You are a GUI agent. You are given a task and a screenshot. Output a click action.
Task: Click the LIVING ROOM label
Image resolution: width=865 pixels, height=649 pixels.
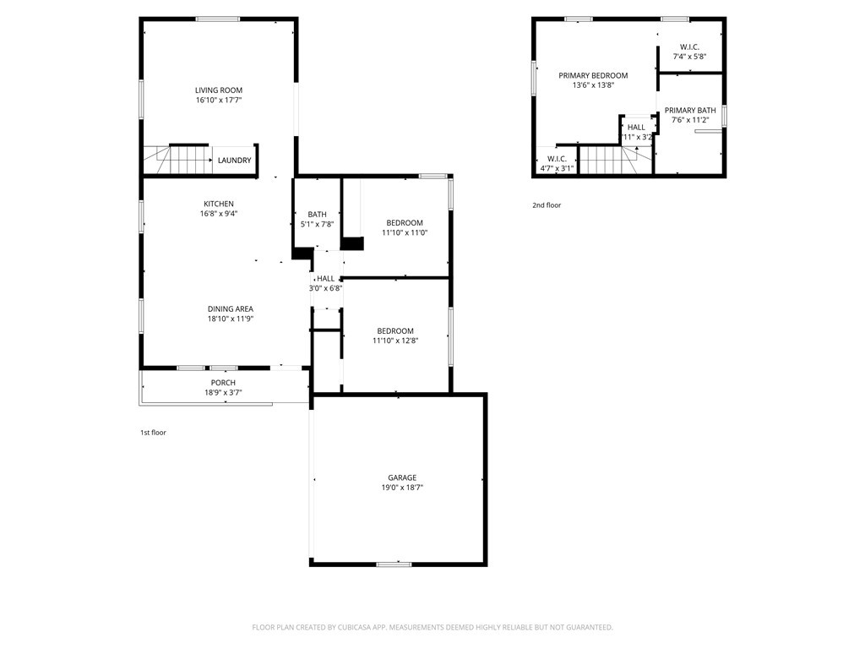coord(219,90)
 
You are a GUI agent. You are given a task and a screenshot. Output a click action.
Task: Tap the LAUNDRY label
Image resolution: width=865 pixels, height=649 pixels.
coord(234,161)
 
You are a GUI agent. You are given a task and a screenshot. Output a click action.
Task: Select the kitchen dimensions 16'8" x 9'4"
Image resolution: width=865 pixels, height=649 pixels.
coord(218,214)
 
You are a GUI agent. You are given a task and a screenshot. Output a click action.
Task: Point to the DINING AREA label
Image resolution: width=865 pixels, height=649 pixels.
coord(231,308)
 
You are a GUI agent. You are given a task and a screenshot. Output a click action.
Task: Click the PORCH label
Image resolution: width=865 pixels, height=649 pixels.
coord(223,383)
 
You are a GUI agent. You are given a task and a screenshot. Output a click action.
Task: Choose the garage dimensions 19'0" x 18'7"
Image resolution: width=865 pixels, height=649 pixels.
coord(401,488)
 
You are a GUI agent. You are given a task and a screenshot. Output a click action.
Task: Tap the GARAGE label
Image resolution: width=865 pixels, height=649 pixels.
coord(402,477)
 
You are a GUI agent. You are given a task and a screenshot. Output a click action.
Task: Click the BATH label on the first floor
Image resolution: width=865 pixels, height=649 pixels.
coord(317,215)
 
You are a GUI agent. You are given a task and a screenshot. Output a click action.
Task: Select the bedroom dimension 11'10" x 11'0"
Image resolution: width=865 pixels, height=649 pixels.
coord(405,232)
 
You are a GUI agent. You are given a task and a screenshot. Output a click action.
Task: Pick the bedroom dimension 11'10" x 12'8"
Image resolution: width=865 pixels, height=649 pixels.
coord(395,341)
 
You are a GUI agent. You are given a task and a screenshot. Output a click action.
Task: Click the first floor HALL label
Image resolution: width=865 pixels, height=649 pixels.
coord(325,278)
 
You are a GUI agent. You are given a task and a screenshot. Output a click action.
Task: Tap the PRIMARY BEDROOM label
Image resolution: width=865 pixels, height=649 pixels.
coord(593,75)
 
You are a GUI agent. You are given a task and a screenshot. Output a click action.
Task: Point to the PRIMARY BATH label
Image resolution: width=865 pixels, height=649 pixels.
coord(690,110)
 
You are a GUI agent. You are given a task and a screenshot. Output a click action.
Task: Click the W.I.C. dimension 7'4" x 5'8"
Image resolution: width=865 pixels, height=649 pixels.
coord(689,57)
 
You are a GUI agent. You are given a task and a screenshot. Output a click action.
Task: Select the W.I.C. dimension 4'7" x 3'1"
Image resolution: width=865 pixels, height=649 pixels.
coord(557,168)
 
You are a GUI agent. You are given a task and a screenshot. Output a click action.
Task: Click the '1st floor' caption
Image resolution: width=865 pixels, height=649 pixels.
coord(153,433)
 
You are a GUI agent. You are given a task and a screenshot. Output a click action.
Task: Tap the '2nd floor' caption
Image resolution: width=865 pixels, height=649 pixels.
coord(547,205)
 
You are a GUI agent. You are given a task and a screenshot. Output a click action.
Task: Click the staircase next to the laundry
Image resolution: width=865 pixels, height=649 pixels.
coord(177,159)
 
